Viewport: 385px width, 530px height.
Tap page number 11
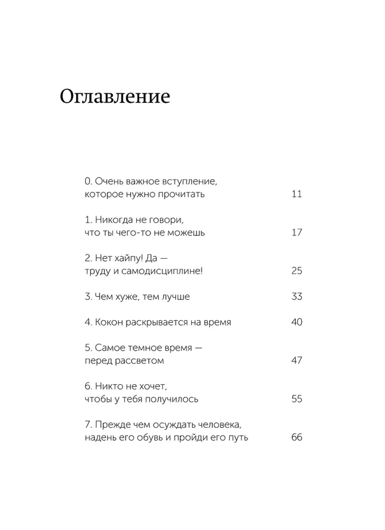pos(297,194)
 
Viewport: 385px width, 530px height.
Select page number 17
pos(297,233)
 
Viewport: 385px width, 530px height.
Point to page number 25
pos(297,271)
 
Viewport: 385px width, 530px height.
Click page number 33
pos(297,297)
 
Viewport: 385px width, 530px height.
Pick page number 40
pos(297,322)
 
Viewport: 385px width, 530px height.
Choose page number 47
pos(297,361)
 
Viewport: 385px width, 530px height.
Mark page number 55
pos(297,399)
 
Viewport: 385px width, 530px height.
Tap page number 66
pos(297,438)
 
